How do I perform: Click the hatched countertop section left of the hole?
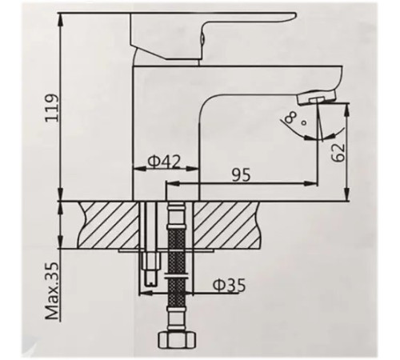click(x=109, y=223)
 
